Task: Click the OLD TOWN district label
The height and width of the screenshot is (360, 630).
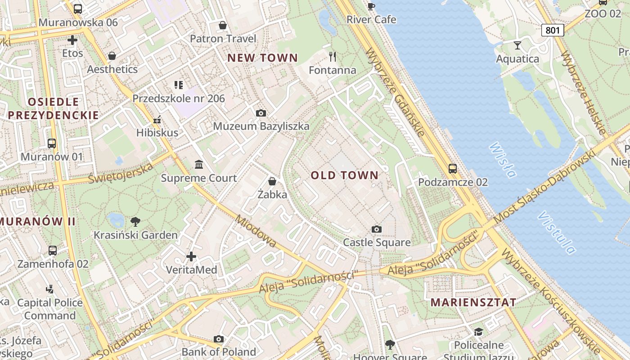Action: click(x=345, y=175)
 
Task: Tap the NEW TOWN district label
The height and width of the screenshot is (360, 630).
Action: click(x=262, y=58)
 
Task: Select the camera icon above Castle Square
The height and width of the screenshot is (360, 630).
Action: click(x=377, y=229)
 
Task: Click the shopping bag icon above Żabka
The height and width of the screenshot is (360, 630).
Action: click(x=272, y=181)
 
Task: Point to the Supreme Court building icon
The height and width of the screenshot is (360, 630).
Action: click(x=199, y=165)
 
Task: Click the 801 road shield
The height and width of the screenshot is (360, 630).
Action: click(x=552, y=30)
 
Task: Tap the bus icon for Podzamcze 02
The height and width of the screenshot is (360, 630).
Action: click(x=453, y=169)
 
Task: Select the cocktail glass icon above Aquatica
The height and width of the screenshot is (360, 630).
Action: click(x=517, y=45)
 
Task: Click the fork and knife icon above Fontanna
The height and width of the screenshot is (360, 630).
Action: click(x=333, y=57)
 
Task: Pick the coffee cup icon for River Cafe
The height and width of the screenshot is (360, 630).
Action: click(x=371, y=6)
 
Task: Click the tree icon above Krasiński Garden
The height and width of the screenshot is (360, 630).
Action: click(x=135, y=221)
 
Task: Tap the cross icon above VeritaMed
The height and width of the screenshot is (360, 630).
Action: click(x=191, y=256)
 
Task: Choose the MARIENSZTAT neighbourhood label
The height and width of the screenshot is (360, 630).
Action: click(x=473, y=302)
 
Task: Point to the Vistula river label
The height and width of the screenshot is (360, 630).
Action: click(x=556, y=232)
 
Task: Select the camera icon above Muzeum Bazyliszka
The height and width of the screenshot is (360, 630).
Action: click(x=261, y=113)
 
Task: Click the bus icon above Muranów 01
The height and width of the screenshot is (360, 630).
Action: click(x=52, y=144)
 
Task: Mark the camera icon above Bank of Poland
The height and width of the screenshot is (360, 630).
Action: click(x=219, y=339)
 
